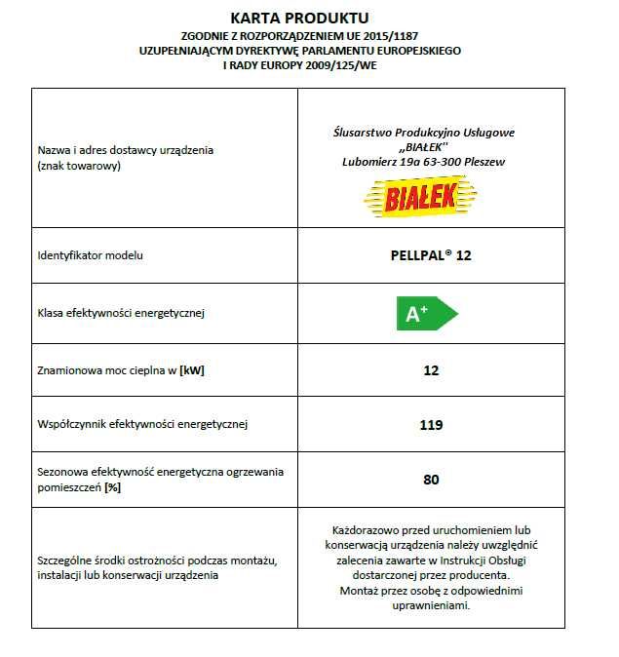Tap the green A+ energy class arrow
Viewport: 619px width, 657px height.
pyautogui.click(x=424, y=314)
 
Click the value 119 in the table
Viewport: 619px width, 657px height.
pyautogui.click(x=431, y=425)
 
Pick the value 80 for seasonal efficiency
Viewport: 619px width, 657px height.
pyautogui.click(x=431, y=480)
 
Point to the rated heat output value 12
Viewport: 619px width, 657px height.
pyautogui.click(x=431, y=370)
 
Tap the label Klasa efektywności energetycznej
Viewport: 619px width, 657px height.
pyautogui.click(x=121, y=314)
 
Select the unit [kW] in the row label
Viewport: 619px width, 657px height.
pyautogui.click(x=197, y=370)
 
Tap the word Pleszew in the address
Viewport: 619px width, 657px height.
pyautogui.click(x=482, y=161)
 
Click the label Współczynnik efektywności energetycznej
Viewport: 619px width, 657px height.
pyautogui.click(x=142, y=425)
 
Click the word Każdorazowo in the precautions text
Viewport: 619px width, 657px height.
pyautogui.click(x=367, y=530)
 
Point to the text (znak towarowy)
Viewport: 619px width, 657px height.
pyautogui.click(x=79, y=167)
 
